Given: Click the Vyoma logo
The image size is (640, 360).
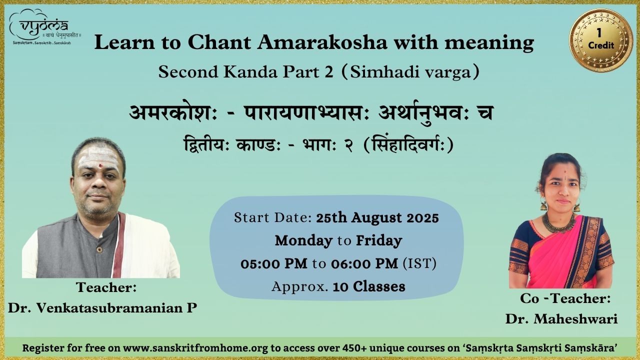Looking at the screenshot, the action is [x=44, y=27].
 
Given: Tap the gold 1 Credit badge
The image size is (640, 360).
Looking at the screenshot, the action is [x=601, y=40].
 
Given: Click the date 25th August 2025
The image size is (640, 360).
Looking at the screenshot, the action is [x=377, y=217].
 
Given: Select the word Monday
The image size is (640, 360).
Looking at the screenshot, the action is [x=303, y=240].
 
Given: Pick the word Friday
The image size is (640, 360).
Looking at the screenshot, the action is [x=379, y=240].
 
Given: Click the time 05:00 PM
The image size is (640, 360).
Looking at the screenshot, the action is [x=274, y=263].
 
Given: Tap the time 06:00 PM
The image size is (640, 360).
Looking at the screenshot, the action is [x=364, y=263].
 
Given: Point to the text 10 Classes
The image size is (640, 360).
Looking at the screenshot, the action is [x=369, y=286].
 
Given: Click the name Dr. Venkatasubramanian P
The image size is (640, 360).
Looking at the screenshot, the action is [x=102, y=307].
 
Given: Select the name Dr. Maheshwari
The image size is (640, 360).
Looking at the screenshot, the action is [x=561, y=319].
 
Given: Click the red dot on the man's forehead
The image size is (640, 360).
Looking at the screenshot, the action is [x=100, y=165].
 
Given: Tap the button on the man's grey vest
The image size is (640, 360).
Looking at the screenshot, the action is [x=99, y=249].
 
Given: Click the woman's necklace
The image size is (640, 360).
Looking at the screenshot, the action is [x=558, y=223].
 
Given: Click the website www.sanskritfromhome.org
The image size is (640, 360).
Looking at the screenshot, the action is [x=195, y=348].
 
